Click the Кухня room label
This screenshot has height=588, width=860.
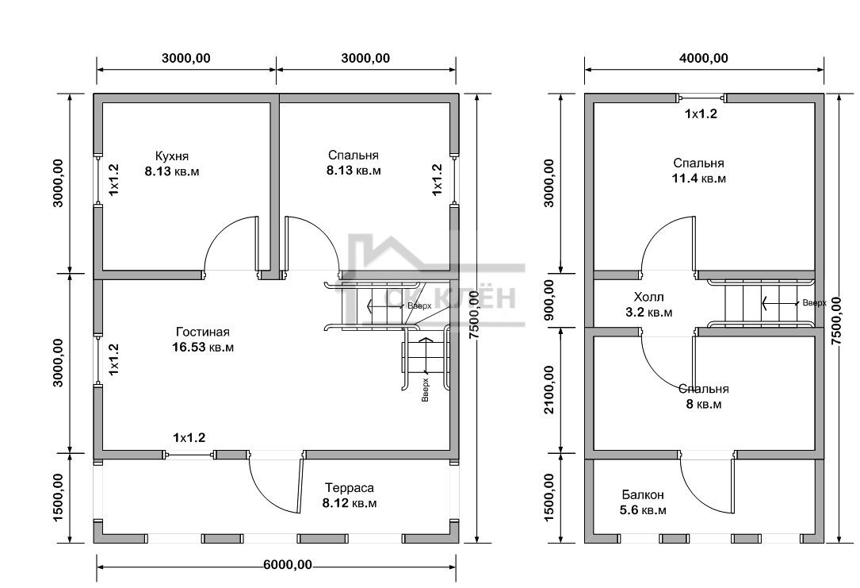(x=172, y=156)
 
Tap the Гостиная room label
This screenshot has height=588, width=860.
(x=203, y=332)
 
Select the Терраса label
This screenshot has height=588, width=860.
(x=350, y=488)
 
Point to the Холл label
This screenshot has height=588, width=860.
(x=649, y=297)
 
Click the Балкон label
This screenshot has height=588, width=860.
(x=643, y=494)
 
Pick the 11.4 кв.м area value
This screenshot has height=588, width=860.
(x=699, y=179)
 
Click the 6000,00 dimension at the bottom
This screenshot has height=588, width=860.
(x=288, y=565)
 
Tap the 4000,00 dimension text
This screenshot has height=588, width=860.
(x=704, y=58)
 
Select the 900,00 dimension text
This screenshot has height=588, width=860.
(x=549, y=300)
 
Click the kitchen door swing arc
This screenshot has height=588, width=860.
(x=220, y=231)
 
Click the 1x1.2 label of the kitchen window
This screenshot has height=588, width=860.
(x=114, y=179)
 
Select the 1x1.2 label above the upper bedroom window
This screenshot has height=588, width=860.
(x=701, y=114)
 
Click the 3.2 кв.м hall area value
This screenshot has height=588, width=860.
(x=649, y=313)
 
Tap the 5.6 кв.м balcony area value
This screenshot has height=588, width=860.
(x=644, y=510)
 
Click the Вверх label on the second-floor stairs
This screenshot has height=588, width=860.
(x=814, y=302)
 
